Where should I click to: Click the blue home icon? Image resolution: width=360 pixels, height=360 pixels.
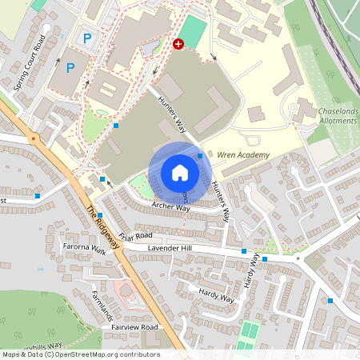coord(180,173)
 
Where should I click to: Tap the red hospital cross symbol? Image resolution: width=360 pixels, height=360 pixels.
coord(178,46)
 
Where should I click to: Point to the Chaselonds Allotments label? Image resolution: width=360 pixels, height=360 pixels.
coord(330,115)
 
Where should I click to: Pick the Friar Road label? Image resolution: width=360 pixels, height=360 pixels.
coord(135,236)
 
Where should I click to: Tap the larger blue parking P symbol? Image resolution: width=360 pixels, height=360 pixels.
coord(70,68)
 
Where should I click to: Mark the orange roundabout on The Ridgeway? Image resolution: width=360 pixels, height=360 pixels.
coord(34,138)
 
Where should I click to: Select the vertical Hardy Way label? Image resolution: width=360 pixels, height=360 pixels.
coord(251,271)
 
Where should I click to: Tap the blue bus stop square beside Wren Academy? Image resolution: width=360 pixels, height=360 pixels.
coord(200,155)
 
